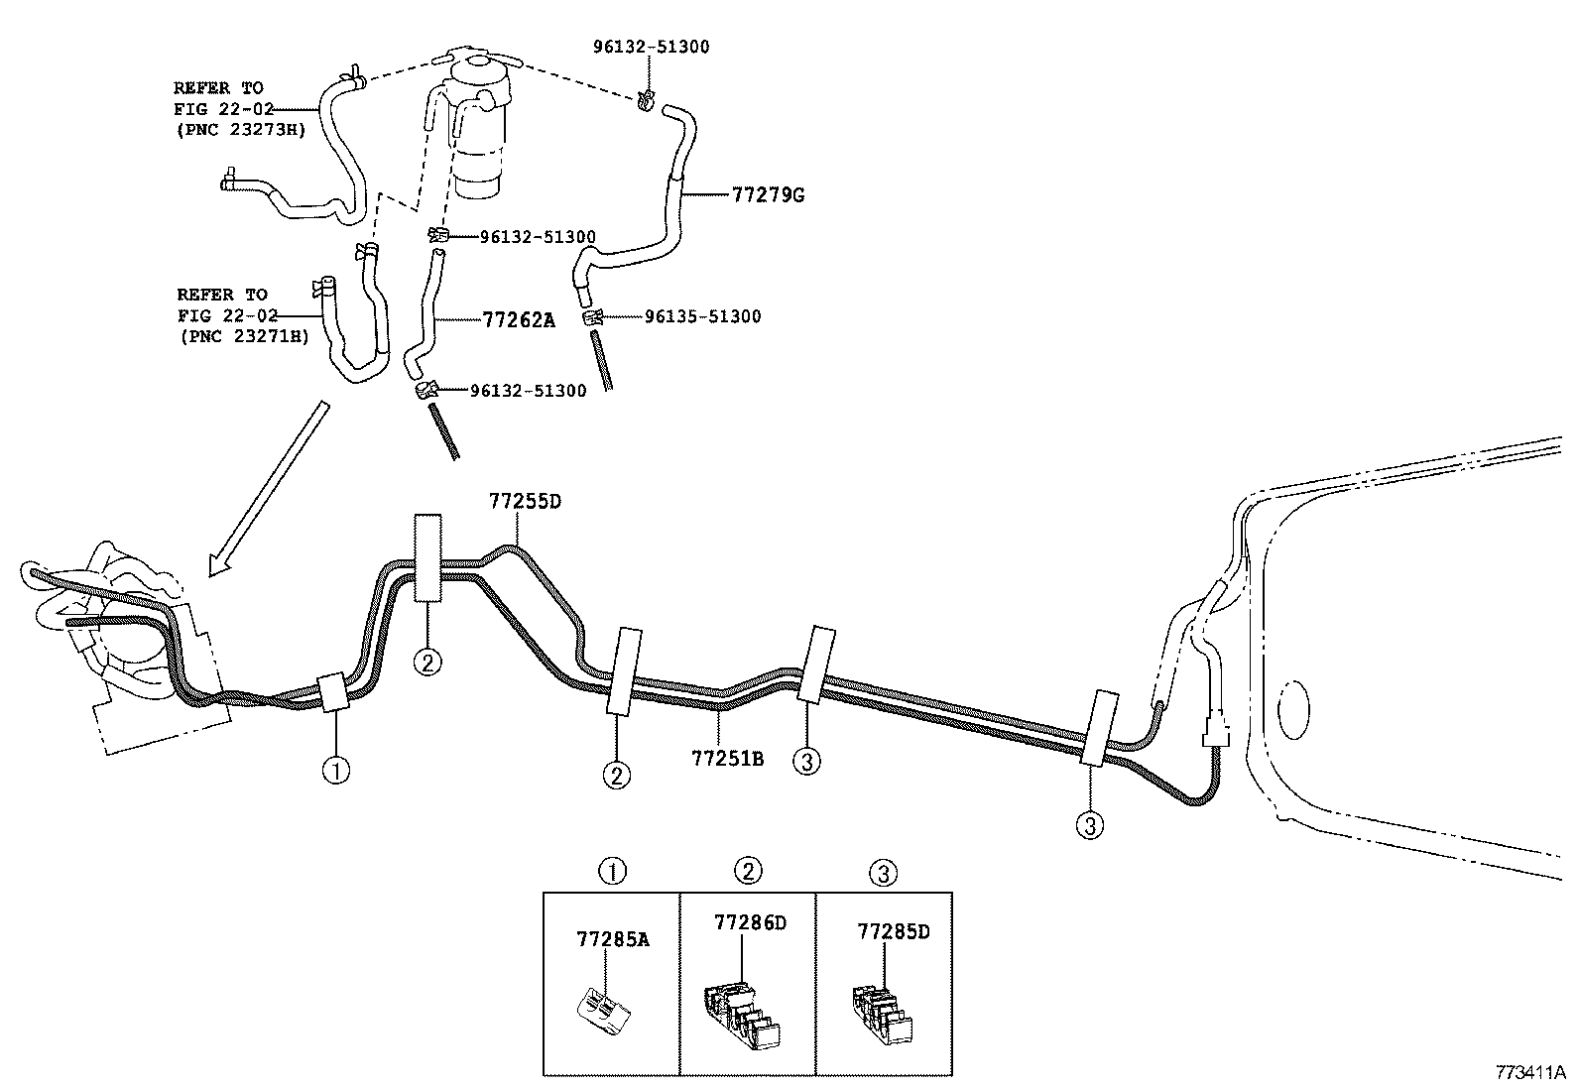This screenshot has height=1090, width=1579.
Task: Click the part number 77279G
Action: pyautogui.click(x=767, y=194)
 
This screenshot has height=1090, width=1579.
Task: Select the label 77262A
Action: pyautogui.click(x=518, y=319)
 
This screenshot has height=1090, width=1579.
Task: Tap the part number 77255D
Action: pyautogui.click(x=524, y=501)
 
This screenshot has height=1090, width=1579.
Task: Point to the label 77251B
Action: pyautogui.click(x=727, y=759)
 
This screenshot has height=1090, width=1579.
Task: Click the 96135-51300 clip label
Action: pyautogui.click(x=702, y=316)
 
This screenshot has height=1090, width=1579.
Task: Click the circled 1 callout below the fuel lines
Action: pyautogui.click(x=336, y=770)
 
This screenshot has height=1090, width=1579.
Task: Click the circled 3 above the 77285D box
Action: pyautogui.click(x=883, y=873)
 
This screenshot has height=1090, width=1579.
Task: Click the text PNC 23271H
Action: pyautogui.click(x=243, y=336)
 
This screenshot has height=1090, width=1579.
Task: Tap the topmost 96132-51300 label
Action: pyautogui.click(x=651, y=47)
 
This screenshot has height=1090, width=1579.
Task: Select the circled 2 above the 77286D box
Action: pyautogui.click(x=747, y=871)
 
